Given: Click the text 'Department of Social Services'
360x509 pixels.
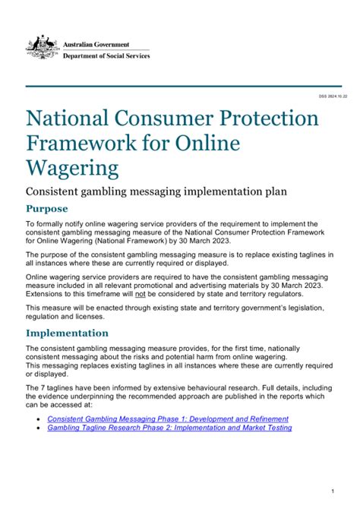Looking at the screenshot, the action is pyautogui.click(x=106, y=56).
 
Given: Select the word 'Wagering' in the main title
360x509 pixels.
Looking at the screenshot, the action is pyautogui.click(x=73, y=167).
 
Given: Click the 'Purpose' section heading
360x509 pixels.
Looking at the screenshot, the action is pyautogui.click(x=47, y=209).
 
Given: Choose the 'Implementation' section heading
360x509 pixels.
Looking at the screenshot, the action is pyautogui.click(x=68, y=333).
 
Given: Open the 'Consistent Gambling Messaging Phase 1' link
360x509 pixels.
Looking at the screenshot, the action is pyautogui.click(x=168, y=419).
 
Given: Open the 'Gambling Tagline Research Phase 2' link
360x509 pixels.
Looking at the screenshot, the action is pyautogui.click(x=169, y=428).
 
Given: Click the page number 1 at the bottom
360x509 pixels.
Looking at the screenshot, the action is pyautogui.click(x=333, y=492).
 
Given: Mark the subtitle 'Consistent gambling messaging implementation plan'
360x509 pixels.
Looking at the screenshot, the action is pyautogui.click(x=156, y=191).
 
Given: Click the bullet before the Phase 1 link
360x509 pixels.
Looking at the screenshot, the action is pyautogui.click(x=39, y=419).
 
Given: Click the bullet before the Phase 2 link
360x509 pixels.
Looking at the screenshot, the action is pyautogui.click(x=39, y=428).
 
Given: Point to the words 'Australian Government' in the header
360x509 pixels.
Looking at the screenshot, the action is pyautogui.click(x=96, y=45).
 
